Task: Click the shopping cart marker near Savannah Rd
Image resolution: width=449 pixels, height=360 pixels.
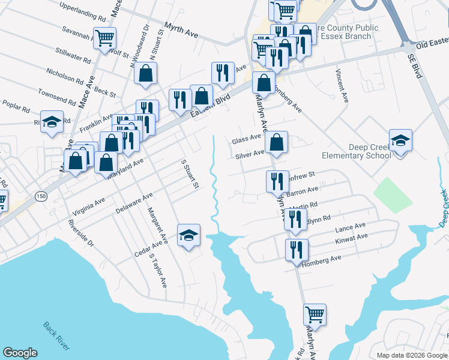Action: pos(105,38)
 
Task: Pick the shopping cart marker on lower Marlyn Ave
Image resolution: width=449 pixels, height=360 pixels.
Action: pos(315,313)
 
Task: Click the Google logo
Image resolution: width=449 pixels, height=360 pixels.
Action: pos(20,353)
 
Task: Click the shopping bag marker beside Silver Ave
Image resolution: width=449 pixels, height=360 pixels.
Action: pos(276,143)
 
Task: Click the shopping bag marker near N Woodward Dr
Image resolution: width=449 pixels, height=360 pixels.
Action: pos(146,74)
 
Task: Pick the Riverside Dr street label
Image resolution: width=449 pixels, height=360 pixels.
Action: pos(81,233)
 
